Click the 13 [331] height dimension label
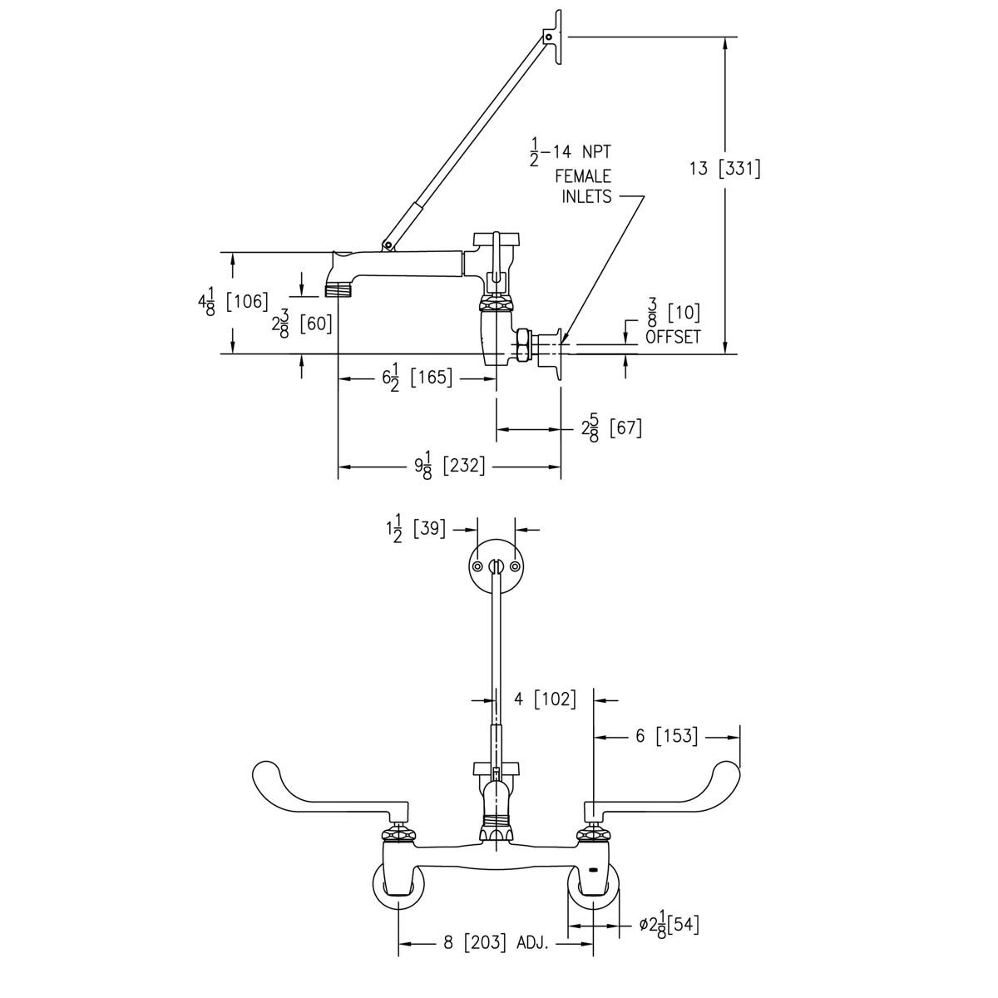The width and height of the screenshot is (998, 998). click(724, 169)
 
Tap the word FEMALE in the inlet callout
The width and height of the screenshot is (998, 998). click(583, 176)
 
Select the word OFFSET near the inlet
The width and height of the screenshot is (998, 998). click(673, 337)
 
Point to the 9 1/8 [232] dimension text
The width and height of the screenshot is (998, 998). click(449, 467)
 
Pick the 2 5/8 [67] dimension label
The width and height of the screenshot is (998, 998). click(611, 429)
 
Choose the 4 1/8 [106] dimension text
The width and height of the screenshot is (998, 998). click(234, 301)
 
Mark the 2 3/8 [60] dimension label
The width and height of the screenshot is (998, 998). click(301, 323)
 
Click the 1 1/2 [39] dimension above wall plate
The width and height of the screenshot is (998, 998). click(416, 529)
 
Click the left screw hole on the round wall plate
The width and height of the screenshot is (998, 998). click(478, 566)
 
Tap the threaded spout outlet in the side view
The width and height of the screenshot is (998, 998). click(336, 289)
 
